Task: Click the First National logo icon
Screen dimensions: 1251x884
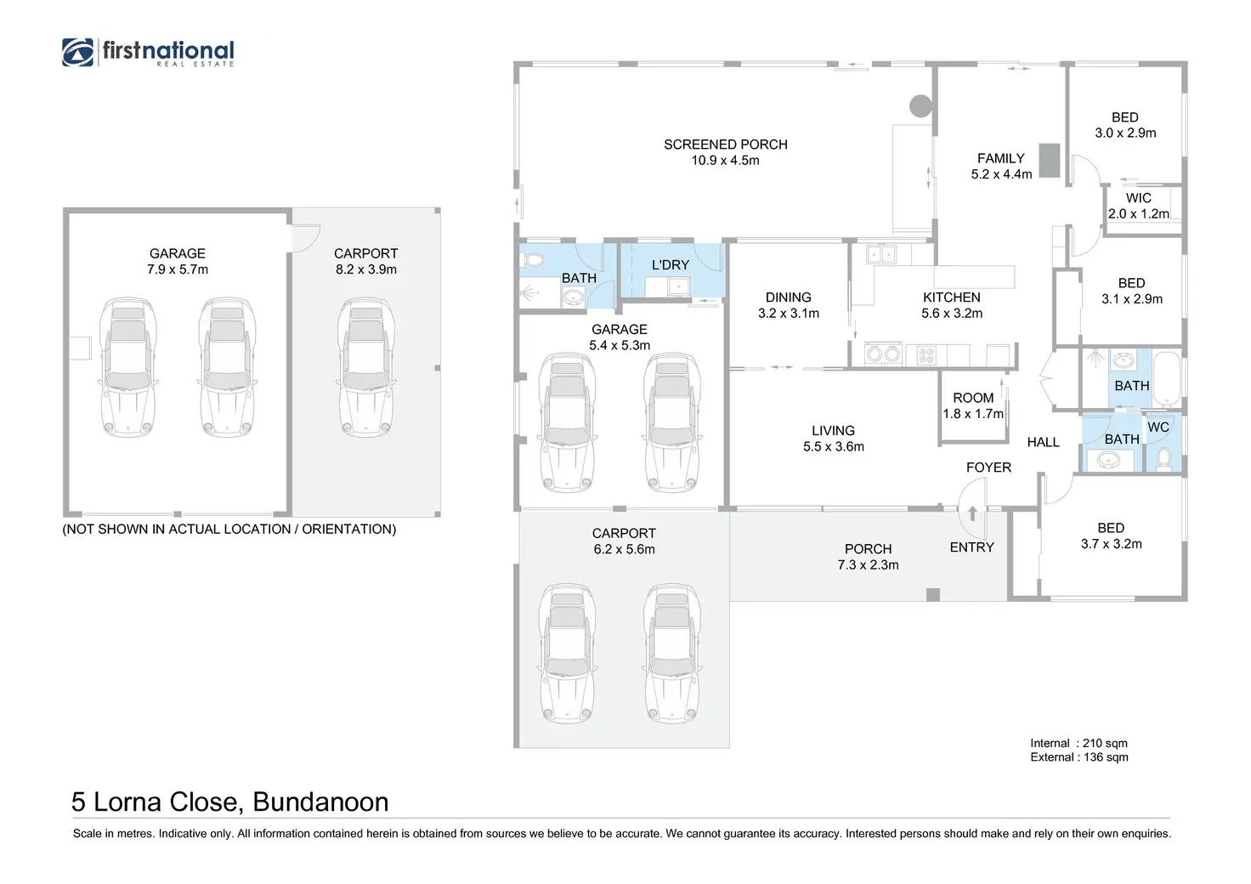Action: [x=77, y=52]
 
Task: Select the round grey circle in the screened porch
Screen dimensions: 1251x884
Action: [x=920, y=106]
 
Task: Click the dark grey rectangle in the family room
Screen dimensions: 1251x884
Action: [x=1050, y=161]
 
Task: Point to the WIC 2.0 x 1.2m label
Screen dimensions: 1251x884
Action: [x=1138, y=206]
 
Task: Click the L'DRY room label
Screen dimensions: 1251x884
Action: [x=671, y=264]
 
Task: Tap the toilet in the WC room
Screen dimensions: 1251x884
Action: [x=1163, y=459]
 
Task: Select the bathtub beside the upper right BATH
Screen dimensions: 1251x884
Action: [x=1167, y=378]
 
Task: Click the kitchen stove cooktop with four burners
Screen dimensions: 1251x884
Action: [x=926, y=355]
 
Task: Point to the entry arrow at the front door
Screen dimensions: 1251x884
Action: [x=972, y=513]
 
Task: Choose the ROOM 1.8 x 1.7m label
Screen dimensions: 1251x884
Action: [x=973, y=406]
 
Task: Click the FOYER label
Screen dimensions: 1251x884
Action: [x=988, y=467]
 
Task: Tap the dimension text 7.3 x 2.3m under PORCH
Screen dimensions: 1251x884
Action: [x=868, y=565]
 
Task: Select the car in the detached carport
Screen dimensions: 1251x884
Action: [x=365, y=367]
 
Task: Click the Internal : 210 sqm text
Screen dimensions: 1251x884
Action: [x=1078, y=743]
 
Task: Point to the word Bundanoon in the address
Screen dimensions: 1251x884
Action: [x=320, y=802]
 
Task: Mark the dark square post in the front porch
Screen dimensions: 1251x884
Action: [x=932, y=595]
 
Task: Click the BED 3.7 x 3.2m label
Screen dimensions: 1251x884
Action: [x=1111, y=536]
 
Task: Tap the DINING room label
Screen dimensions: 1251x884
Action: [x=788, y=297]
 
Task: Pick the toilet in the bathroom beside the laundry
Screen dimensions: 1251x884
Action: [x=533, y=260]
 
